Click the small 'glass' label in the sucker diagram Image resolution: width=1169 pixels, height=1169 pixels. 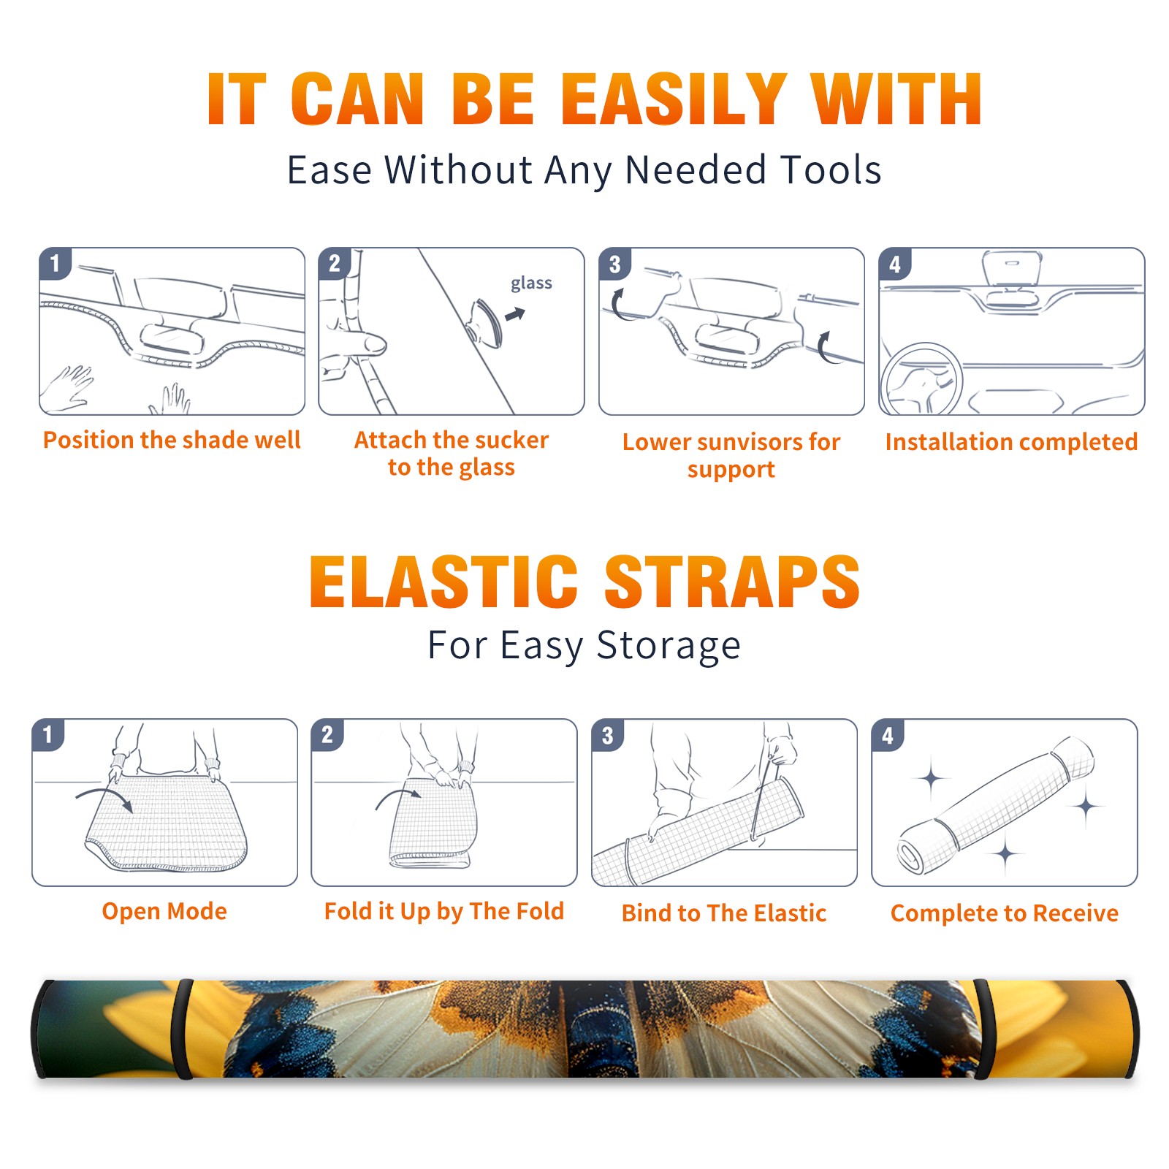[x=531, y=283]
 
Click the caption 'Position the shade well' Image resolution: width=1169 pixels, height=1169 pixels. [x=172, y=440]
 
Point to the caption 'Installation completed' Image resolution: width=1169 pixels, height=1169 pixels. [x=1011, y=441]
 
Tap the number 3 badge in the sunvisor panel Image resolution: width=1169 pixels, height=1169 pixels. [x=614, y=264]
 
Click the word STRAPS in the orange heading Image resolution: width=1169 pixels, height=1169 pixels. [x=732, y=582]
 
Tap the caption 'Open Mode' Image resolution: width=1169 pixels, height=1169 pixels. [x=164, y=911]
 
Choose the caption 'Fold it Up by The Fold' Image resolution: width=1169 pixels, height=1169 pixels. [x=444, y=911]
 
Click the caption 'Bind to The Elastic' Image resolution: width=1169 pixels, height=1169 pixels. [x=724, y=913]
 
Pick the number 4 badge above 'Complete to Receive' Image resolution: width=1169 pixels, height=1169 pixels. [x=888, y=735]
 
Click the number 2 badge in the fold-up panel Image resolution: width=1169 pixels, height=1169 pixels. [x=327, y=735]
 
